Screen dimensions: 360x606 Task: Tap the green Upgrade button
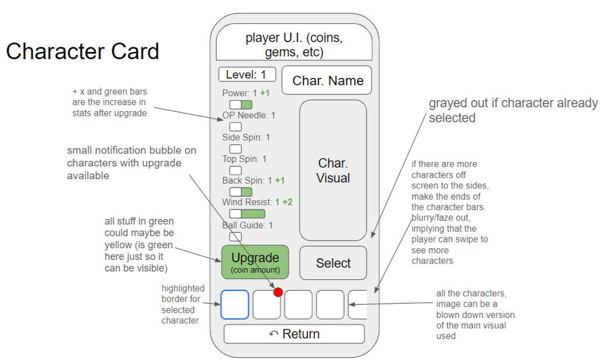(255, 262)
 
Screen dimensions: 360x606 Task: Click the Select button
(333, 263)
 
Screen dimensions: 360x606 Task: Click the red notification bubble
(278, 292)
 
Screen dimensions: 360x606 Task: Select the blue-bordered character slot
(235, 305)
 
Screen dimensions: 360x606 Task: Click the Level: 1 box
(247, 75)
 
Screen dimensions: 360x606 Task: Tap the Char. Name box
(327, 81)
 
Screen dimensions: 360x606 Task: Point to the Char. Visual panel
(333, 170)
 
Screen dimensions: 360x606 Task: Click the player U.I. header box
(294, 45)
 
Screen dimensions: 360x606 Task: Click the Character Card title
(83, 52)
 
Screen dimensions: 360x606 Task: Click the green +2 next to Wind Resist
(287, 203)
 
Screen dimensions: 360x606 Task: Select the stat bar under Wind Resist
(247, 214)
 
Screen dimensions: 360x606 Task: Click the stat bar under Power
(241, 104)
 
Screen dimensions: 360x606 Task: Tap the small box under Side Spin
(235, 149)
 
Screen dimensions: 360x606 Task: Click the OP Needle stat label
(249, 115)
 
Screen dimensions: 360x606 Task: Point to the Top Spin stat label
(244, 159)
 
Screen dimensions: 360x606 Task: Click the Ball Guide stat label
(248, 225)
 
